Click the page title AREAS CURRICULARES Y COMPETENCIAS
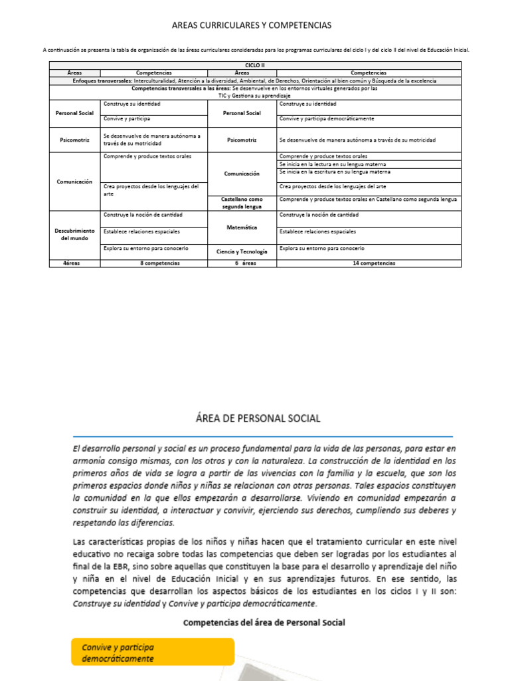click(x=252, y=25)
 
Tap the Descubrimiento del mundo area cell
click(x=75, y=234)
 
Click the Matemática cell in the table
click(x=242, y=227)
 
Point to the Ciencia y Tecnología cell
click(x=242, y=252)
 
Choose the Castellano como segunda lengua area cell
click(x=242, y=203)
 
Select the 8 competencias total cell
click(x=154, y=263)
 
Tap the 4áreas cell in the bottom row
click(x=75, y=263)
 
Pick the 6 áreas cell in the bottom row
click(x=242, y=263)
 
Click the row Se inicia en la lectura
click(x=332, y=164)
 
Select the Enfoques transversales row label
click(x=103, y=80)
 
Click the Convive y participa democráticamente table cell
click(x=327, y=119)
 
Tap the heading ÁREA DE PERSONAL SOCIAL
click(x=258, y=418)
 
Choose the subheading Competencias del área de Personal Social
click(x=264, y=622)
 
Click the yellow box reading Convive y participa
click(x=153, y=652)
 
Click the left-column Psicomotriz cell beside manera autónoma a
click(x=75, y=140)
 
